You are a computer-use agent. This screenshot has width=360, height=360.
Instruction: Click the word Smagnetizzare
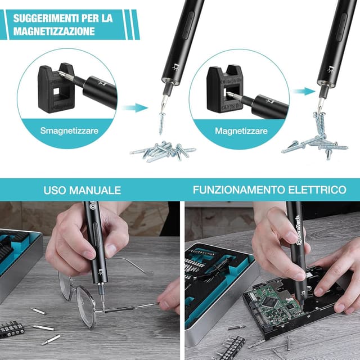click(69, 130)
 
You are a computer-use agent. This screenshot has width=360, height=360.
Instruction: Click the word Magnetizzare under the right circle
click(242, 130)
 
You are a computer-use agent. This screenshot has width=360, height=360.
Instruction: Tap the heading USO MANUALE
click(82, 190)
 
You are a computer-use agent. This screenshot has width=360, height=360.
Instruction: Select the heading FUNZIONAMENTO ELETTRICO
click(269, 190)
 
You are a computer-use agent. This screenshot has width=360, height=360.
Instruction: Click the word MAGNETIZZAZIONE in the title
click(55, 31)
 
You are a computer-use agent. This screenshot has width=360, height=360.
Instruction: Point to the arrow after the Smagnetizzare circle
click(135, 107)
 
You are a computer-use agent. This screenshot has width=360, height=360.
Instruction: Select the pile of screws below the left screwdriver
click(163, 150)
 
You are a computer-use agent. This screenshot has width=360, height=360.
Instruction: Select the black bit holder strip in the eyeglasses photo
click(11, 328)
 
